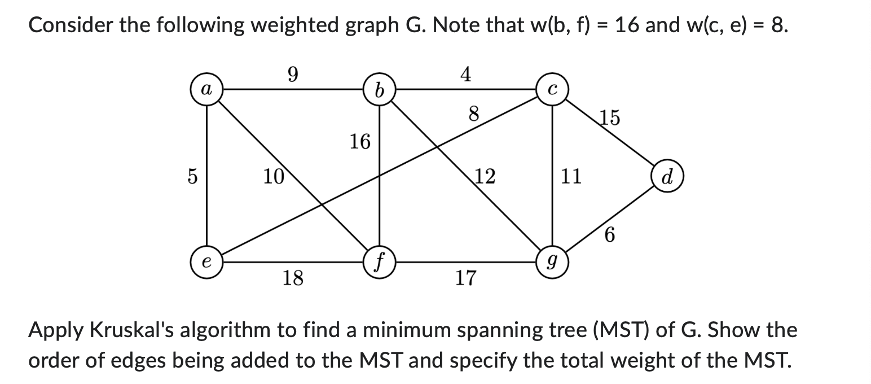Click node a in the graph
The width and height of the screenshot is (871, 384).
click(207, 89)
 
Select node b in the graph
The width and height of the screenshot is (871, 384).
click(379, 89)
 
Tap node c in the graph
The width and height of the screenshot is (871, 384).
click(552, 89)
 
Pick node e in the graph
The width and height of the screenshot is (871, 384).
click(207, 263)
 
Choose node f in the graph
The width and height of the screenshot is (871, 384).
click(379, 263)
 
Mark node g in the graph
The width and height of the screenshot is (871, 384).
click(552, 263)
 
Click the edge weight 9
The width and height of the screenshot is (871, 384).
click(292, 74)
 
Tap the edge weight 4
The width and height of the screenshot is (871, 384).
click(465, 74)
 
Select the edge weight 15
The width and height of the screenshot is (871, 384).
click(609, 117)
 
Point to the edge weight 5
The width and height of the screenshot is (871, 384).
click(192, 177)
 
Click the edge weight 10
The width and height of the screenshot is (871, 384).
click(274, 177)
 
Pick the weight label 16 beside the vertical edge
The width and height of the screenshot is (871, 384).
click(359, 141)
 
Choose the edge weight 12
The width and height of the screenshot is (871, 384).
click(484, 177)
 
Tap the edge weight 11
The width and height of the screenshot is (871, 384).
click(570, 177)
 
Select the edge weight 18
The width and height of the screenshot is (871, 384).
click(292, 278)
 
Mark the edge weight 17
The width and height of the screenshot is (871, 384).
click(465, 278)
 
